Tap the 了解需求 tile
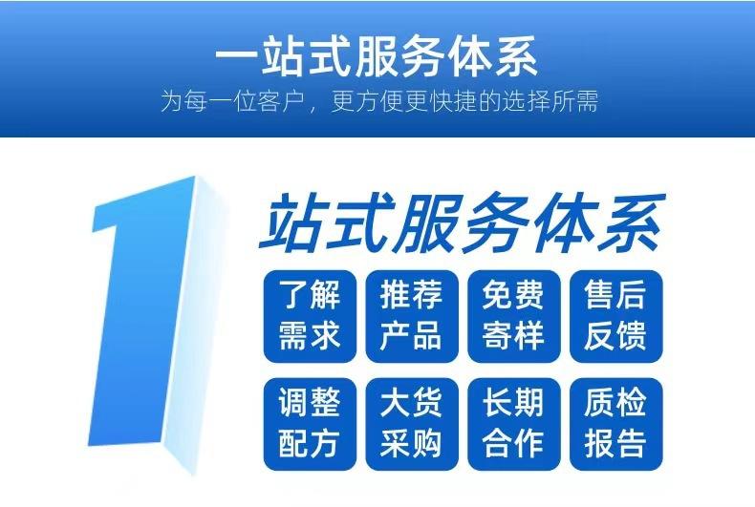(310, 316)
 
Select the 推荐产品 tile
(412, 316)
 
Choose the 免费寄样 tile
(514, 316)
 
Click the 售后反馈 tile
(615, 316)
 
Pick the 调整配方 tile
(310, 424)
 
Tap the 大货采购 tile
(412, 424)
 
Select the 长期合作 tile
(514, 424)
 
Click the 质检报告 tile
(615, 424)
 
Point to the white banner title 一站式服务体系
(377, 56)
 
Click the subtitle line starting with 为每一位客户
(379, 101)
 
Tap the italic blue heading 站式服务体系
(463, 222)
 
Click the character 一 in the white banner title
(235, 57)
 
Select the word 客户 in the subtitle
(281, 101)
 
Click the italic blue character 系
(632, 222)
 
